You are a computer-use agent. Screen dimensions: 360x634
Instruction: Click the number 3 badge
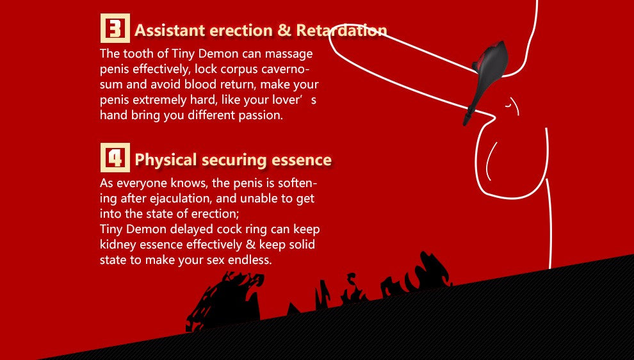click(x=115, y=29)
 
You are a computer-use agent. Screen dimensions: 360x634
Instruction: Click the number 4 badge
click(x=115, y=158)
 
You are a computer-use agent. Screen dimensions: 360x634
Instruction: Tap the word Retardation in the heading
click(x=342, y=30)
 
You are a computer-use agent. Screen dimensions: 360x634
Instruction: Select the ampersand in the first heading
click(x=284, y=30)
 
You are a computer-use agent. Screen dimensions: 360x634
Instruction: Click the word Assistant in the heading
click(x=170, y=30)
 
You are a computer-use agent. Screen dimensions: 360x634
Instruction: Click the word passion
click(x=260, y=115)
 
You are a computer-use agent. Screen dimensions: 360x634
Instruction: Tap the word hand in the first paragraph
click(x=113, y=115)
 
